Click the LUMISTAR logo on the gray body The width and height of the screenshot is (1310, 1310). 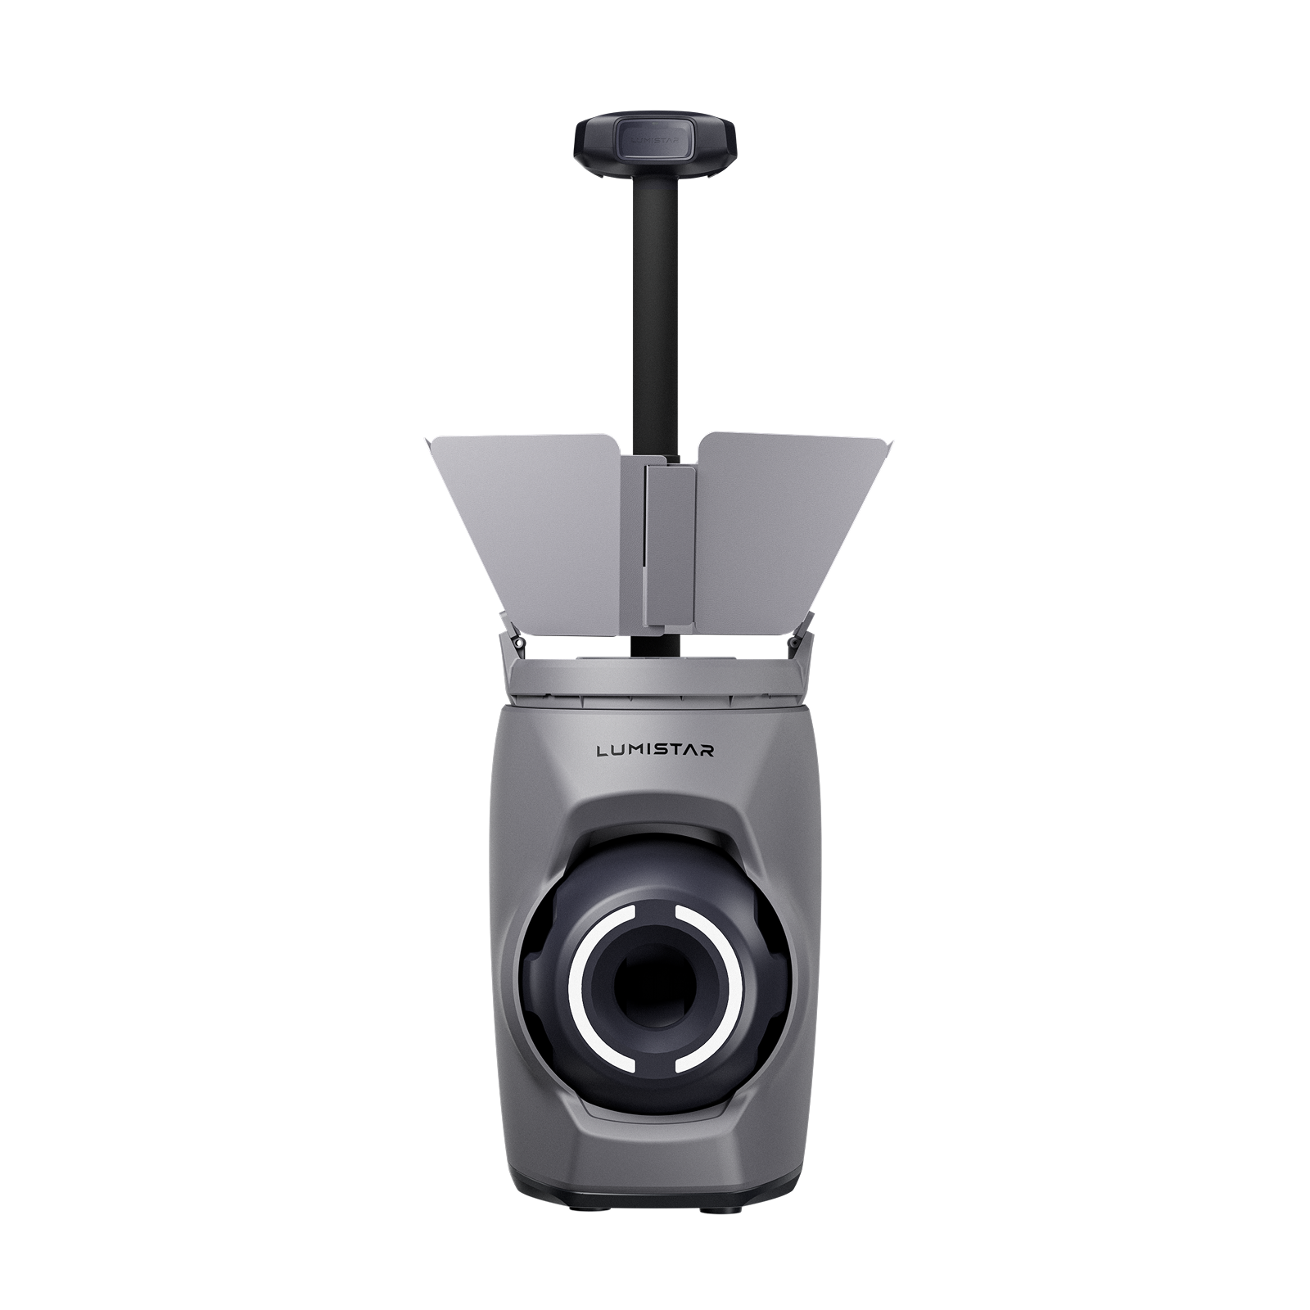click(x=656, y=750)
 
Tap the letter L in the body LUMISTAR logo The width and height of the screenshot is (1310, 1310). click(x=603, y=750)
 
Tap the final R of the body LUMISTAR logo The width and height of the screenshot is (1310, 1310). click(x=707, y=750)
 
